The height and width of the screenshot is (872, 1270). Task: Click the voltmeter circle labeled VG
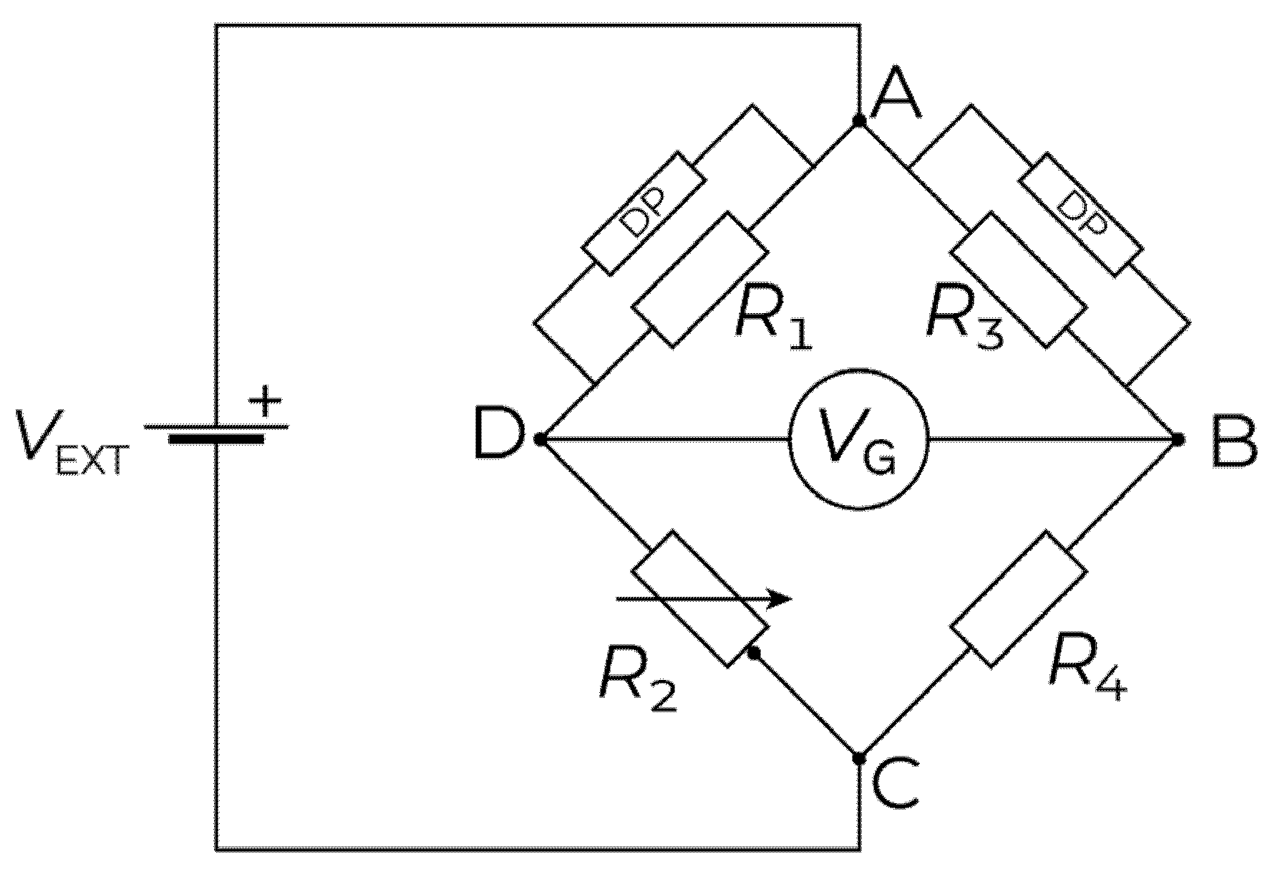[x=858, y=440]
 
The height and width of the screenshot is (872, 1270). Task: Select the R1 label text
[x=774, y=320]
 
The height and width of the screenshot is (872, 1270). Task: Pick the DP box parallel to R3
[x=1080, y=214]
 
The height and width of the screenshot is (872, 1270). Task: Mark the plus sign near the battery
[x=266, y=402]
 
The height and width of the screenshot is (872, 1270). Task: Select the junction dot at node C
[x=859, y=758]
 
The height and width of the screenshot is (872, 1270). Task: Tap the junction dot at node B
[x=1177, y=439]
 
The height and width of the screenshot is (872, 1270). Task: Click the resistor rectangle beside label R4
[x=1018, y=599]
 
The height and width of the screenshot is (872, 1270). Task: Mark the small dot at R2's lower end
[x=753, y=653]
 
